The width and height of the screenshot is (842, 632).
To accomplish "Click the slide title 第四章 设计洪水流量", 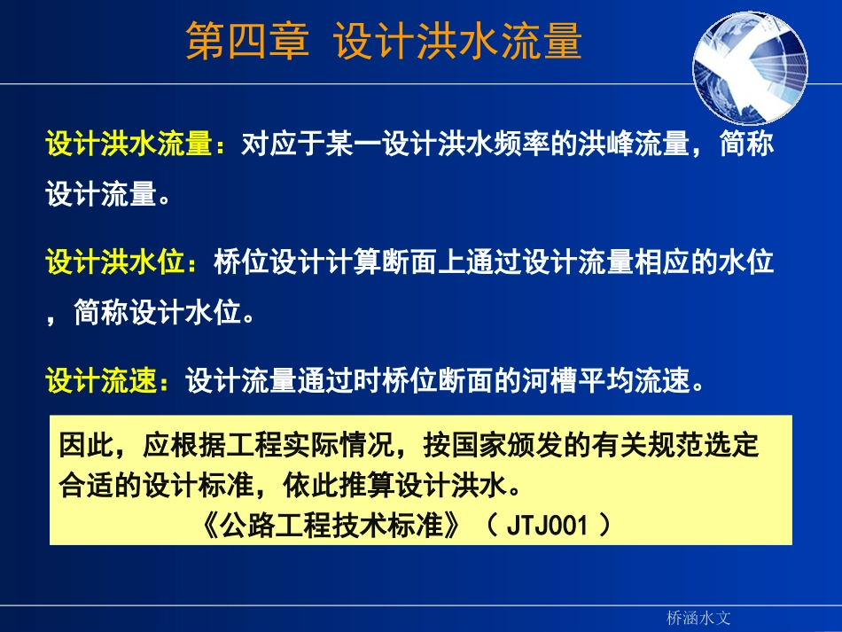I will (383, 42).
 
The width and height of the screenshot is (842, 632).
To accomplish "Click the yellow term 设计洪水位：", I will (129, 263).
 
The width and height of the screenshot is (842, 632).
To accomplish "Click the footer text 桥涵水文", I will (698, 617).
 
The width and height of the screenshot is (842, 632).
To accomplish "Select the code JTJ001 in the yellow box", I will (547, 526).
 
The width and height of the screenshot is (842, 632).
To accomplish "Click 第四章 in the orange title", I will (247, 42).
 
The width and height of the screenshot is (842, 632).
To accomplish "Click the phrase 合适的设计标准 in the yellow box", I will (156, 487).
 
